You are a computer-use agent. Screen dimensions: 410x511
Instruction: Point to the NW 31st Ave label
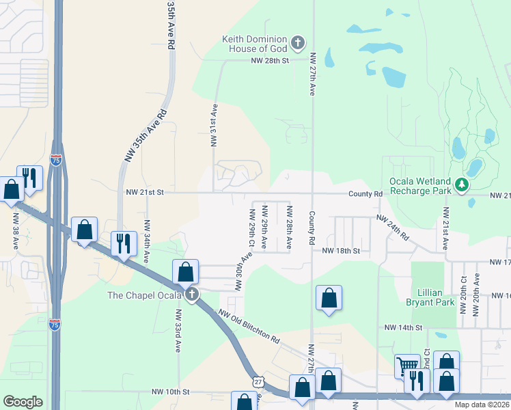click(214, 125)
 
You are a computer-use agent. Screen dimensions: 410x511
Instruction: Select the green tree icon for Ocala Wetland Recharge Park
click(462, 184)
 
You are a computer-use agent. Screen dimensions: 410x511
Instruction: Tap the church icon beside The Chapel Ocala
click(192, 295)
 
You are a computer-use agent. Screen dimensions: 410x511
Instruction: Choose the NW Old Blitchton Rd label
click(249, 327)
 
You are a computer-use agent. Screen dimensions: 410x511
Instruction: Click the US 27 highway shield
click(256, 380)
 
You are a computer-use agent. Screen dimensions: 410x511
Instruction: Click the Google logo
click(23, 402)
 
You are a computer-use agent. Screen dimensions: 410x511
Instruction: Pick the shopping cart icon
click(407, 366)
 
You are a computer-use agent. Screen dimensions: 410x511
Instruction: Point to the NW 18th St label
click(341, 251)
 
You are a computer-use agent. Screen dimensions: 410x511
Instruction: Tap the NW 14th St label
click(404, 328)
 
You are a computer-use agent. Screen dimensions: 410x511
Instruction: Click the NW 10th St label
click(169, 392)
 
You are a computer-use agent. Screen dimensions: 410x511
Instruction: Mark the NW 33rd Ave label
click(178, 331)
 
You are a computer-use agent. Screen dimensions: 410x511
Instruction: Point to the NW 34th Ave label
click(146, 241)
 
